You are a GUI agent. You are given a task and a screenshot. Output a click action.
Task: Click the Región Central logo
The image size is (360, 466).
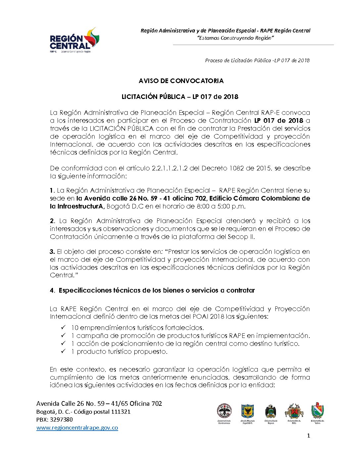tap(74, 41)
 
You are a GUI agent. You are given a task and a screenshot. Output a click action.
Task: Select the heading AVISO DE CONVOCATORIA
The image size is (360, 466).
tap(181, 81)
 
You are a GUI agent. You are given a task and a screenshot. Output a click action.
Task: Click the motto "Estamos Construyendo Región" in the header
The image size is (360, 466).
tap(235, 38)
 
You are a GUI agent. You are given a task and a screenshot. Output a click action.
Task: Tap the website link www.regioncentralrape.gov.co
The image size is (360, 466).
tap(77, 428)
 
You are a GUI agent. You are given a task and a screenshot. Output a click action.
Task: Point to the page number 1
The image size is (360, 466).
tap(309, 436)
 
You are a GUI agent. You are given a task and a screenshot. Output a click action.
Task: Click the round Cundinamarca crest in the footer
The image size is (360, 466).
tap(224, 411)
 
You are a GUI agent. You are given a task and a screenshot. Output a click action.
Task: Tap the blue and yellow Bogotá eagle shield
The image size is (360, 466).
tap(247, 411)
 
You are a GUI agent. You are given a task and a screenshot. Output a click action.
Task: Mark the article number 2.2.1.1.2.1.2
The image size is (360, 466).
tap(170, 168)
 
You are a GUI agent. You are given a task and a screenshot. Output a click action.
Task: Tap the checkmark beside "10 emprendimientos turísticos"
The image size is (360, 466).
tap(64, 327)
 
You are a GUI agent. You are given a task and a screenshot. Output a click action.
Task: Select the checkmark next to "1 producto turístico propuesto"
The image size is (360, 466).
tap(64, 351)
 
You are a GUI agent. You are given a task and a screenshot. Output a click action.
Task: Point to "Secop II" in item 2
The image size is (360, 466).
tap(241, 237)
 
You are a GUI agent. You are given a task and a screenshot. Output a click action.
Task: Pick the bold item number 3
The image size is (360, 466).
tap(52, 252)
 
